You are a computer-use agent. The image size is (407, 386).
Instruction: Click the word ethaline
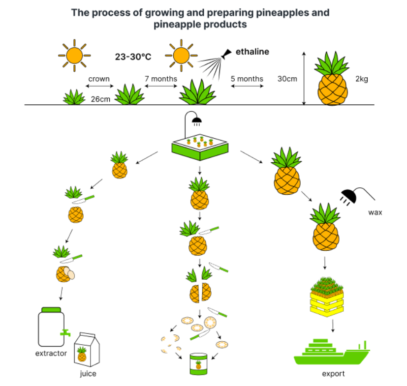(x=252, y=51)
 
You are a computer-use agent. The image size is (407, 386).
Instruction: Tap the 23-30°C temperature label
(x=133, y=57)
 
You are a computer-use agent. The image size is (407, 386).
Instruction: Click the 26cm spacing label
(x=100, y=99)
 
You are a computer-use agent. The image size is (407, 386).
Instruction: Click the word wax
(x=375, y=213)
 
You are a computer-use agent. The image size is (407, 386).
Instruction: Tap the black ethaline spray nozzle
(x=227, y=54)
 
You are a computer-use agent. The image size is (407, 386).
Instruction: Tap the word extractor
(x=51, y=354)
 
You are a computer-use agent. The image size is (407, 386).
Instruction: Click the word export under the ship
(x=333, y=374)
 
